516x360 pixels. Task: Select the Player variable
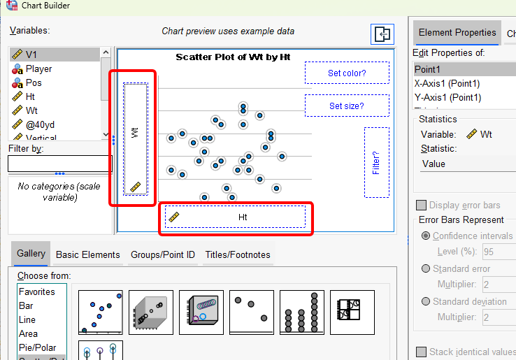(x=38, y=69)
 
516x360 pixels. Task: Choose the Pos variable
(x=34, y=82)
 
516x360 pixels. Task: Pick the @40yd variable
(x=41, y=124)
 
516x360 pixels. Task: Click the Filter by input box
(x=59, y=164)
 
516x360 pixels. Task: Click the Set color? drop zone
(x=347, y=73)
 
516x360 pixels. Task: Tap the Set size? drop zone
(x=347, y=106)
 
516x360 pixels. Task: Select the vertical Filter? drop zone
(x=376, y=162)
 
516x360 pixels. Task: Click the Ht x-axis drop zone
(x=236, y=217)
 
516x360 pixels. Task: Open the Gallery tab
(x=31, y=254)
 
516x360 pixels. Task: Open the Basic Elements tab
(x=87, y=255)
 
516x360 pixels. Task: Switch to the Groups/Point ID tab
(x=162, y=255)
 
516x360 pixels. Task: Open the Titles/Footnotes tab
(x=237, y=255)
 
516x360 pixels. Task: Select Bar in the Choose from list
(x=26, y=305)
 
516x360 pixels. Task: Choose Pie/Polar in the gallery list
(x=38, y=347)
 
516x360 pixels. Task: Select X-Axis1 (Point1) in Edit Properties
(x=447, y=83)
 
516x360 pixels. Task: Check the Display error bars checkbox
(x=421, y=206)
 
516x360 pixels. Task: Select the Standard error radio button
(x=426, y=269)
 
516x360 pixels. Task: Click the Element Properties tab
(x=457, y=33)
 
